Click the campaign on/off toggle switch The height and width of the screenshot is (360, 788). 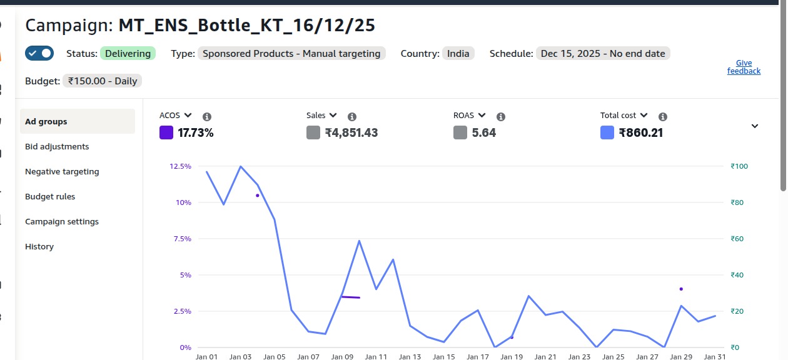pos(39,53)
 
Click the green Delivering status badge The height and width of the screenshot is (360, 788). pos(128,54)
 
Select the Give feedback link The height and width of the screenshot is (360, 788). pos(744,67)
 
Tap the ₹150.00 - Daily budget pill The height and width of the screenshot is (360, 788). pos(103,81)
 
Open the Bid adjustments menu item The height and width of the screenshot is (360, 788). pos(57,146)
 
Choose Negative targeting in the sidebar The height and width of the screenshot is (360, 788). pos(62,171)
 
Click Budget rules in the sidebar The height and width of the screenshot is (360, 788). pos(50,196)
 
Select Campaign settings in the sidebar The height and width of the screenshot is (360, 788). pos(62,221)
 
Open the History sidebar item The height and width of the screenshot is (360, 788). pos(39,246)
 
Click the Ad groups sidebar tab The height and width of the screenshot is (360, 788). pos(46,121)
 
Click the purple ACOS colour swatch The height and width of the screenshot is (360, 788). pos(166,132)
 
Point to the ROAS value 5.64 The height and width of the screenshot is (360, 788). pos(484,132)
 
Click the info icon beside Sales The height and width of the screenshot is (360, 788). pos(352,117)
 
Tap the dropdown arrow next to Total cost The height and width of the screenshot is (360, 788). pos(644,116)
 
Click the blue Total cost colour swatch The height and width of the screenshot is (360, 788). pos(607,132)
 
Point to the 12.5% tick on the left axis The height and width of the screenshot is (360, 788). pos(180,166)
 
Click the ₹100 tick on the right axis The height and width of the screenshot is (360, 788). pos(739,166)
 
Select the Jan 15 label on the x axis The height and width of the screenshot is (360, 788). pos(444,356)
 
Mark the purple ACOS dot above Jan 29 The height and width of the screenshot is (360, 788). pos(681,289)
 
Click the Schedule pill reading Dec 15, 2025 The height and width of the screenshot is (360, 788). pos(603,54)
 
